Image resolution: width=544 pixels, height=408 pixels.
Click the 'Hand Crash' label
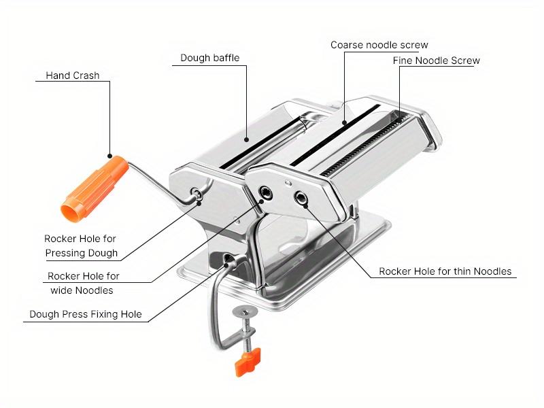coord(72,75)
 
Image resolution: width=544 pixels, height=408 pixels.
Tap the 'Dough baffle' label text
coord(209,58)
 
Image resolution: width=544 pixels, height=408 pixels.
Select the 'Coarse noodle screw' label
coord(379,45)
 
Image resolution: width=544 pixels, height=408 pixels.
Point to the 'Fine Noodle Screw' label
coord(436,61)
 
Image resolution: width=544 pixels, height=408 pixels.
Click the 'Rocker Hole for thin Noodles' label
coord(445,271)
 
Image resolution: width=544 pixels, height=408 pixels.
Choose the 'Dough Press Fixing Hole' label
coord(86,315)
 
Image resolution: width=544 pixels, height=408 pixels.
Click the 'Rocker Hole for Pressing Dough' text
coord(81,246)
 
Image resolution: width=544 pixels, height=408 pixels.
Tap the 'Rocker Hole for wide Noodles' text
coord(83,283)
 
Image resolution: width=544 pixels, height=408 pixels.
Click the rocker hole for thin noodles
coord(301,198)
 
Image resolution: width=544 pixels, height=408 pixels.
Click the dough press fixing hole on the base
coord(226,259)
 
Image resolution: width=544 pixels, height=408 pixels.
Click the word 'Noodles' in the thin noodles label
coord(491,271)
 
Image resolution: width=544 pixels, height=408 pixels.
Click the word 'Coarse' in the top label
coord(347,45)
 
